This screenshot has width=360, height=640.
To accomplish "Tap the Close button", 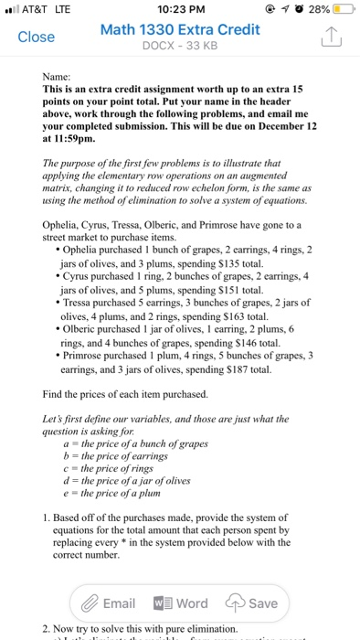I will click(x=37, y=37).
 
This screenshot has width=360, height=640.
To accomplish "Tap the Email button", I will click(x=108, y=603).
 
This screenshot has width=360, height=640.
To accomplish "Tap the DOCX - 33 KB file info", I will click(x=179, y=47).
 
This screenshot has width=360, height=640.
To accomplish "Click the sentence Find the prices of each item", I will click(x=125, y=420).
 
